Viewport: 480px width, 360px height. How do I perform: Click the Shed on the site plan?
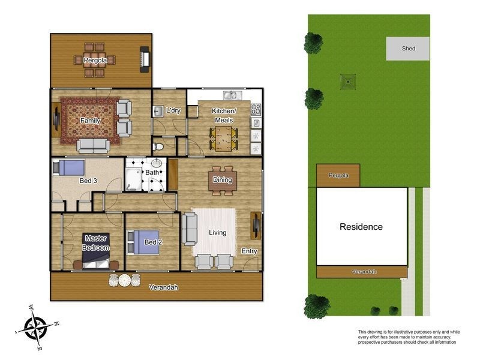click(408, 49)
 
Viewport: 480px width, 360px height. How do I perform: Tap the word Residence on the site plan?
click(361, 227)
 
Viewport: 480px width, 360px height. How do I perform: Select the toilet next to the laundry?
click(158, 146)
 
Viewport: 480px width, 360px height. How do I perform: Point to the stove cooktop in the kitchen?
click(256, 110)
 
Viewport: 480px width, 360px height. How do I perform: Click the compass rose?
click(37, 328)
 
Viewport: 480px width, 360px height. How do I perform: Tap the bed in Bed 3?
click(68, 167)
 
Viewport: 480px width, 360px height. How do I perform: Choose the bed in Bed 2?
click(143, 242)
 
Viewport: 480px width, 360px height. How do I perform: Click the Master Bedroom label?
click(96, 243)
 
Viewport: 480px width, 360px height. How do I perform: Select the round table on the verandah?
click(125, 280)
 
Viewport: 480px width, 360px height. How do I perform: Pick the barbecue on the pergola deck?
click(145, 59)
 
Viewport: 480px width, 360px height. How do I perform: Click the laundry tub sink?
click(158, 112)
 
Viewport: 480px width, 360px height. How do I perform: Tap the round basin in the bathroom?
click(157, 163)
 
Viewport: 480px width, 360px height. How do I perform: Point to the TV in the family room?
click(56, 119)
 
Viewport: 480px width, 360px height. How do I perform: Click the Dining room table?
click(223, 181)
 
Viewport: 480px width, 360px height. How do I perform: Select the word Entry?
click(249, 251)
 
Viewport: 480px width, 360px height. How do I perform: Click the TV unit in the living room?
click(256, 226)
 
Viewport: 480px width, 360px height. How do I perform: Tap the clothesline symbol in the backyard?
click(348, 82)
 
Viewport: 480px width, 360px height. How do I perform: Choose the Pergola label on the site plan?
click(338, 175)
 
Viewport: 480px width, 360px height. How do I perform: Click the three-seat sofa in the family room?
click(93, 146)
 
